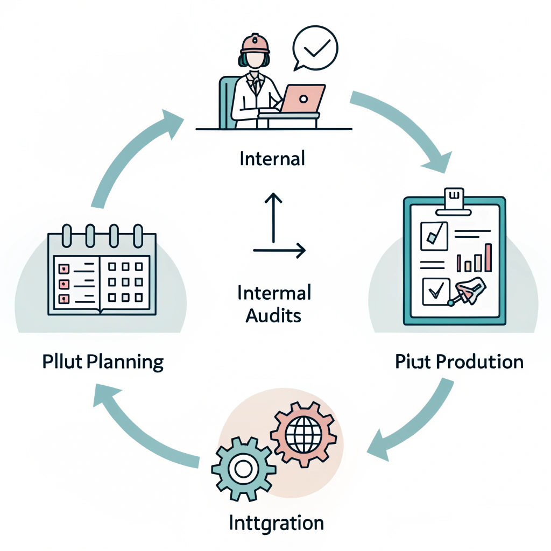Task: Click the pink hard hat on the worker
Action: coord(255,43)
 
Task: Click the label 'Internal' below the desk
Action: coord(272,159)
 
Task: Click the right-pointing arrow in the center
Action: coord(280,250)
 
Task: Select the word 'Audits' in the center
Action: coord(273,315)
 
